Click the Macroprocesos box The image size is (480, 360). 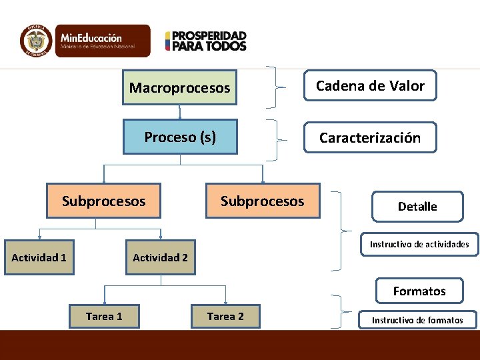pos(179,88)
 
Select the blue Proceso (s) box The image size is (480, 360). pos(180,137)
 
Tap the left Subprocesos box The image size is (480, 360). pos(103,201)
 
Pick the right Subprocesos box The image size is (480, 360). pos(262,201)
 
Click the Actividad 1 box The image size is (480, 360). pos(39,257)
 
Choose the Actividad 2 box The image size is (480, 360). pos(160,257)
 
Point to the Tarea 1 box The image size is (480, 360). pos(104,316)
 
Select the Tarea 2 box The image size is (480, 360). pos(225,316)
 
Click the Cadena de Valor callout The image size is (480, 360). pos(370,85)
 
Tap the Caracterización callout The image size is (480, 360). pos(369,137)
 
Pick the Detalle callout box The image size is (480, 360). pos(417,207)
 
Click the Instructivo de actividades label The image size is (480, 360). pos(419,244)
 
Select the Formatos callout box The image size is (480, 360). pos(419,291)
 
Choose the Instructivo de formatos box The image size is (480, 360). pos(417,320)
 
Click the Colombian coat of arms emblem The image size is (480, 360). pos(36,41)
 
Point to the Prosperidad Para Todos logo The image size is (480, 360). pos(206,41)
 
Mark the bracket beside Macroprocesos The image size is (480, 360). pos(275,87)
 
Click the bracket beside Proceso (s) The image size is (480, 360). pos(275,140)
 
